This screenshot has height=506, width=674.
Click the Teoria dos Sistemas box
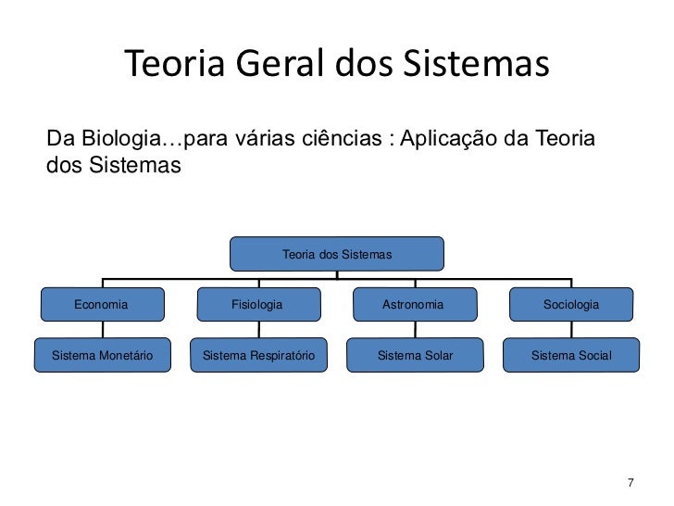337,254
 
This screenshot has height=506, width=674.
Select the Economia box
102,304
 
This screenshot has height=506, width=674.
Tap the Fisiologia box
257,304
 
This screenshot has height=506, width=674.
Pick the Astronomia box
414,304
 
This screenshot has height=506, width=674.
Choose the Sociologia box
571,304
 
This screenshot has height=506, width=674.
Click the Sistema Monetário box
102,355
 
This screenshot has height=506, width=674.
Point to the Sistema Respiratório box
258,355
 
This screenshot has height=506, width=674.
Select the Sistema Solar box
415,355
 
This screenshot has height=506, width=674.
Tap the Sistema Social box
571,355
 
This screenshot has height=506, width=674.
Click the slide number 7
630,483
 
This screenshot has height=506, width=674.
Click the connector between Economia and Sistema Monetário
102,329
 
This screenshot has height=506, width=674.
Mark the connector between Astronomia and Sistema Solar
415,329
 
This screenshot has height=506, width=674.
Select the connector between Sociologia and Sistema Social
571,329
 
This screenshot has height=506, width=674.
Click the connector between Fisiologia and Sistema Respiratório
258,329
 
